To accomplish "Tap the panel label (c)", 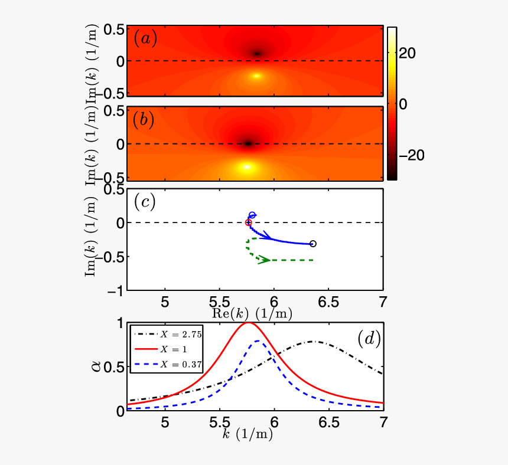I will click(x=145, y=202).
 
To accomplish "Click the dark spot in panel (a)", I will click(x=257, y=54).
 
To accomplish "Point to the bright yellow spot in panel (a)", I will click(x=256, y=76).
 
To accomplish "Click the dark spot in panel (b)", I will click(x=248, y=143).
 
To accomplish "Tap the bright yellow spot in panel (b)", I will click(x=248, y=167).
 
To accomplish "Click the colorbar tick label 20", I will click(x=408, y=53).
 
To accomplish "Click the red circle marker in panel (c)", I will click(x=248, y=222).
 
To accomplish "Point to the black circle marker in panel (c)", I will click(x=313, y=244).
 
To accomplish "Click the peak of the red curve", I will click(x=248, y=323).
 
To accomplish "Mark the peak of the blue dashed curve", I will click(x=258, y=340).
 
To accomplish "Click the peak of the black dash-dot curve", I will click(x=313, y=341).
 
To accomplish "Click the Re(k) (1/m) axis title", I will click(x=252, y=313).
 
